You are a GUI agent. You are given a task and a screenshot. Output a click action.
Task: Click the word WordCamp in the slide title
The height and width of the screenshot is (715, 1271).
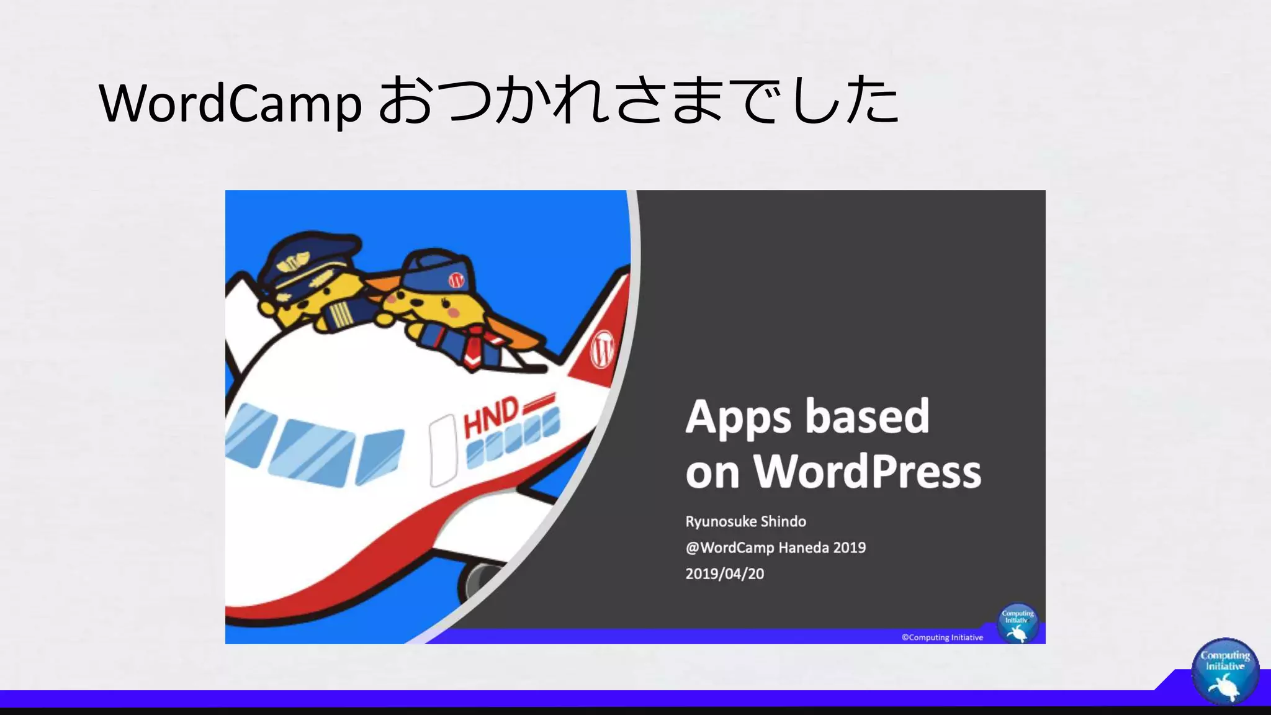point(230,103)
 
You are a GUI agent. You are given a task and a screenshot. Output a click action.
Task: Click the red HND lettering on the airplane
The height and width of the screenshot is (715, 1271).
point(490,417)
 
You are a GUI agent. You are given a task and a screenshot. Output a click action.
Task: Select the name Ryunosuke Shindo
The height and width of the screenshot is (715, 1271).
point(745,521)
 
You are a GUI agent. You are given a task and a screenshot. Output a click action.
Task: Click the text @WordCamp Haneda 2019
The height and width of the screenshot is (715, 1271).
point(775,547)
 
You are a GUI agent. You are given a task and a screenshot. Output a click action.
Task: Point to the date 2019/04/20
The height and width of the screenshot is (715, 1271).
point(724,573)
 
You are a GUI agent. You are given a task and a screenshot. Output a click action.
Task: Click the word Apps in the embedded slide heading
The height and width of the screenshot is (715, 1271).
point(738,417)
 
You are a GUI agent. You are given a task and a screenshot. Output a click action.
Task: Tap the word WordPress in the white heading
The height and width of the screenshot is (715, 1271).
point(867,472)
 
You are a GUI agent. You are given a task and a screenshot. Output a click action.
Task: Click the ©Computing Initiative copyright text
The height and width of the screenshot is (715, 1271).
point(942,637)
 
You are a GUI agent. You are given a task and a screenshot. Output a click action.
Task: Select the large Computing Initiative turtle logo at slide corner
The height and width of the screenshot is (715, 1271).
point(1224,671)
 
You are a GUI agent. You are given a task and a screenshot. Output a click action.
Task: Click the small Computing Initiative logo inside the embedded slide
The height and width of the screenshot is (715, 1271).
point(1018,623)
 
